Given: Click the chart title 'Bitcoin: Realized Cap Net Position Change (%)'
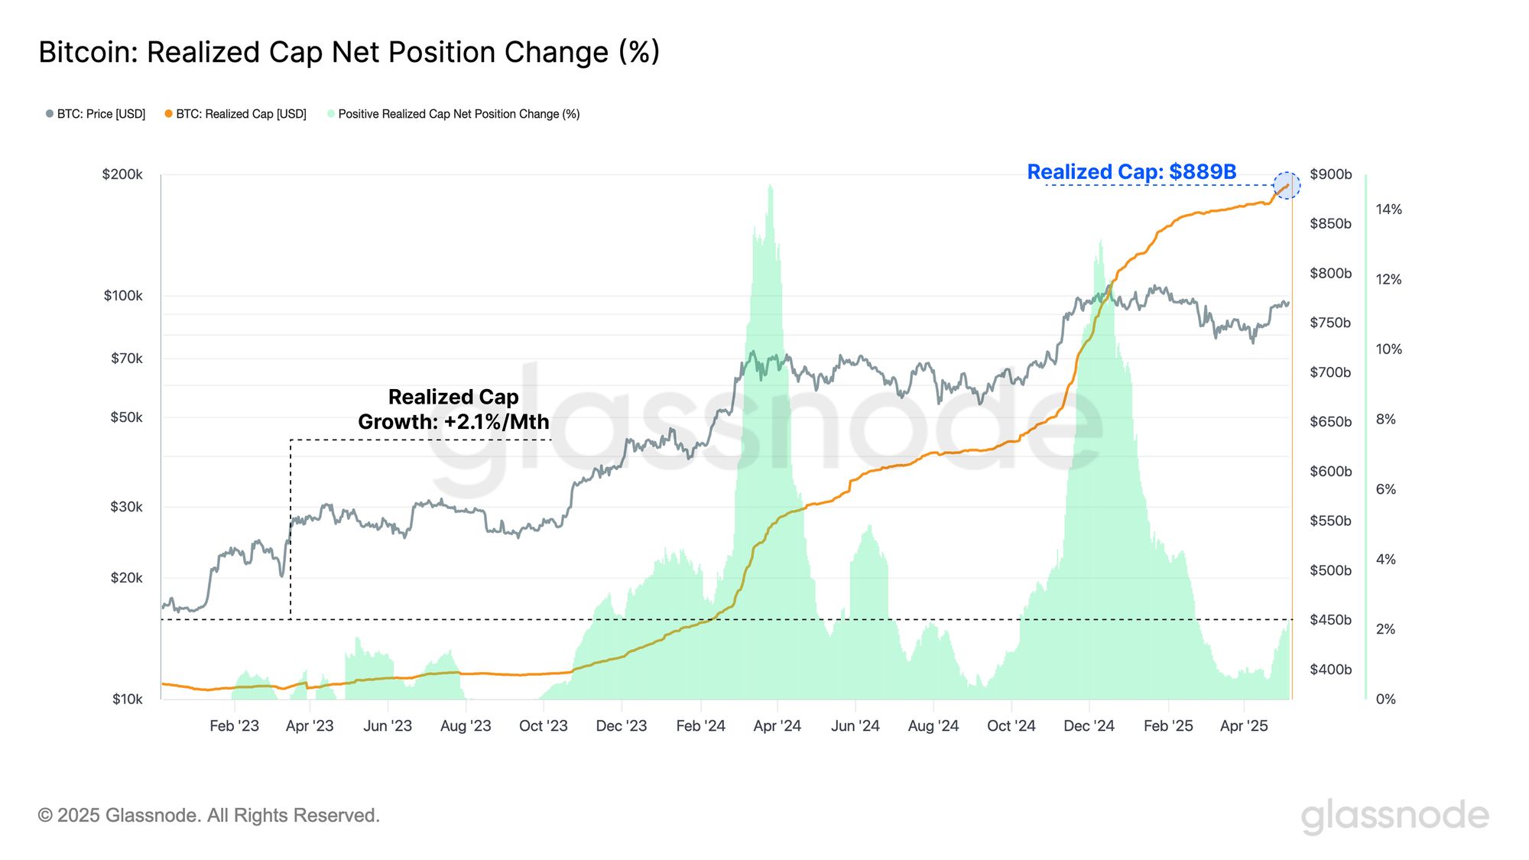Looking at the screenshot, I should tap(349, 53).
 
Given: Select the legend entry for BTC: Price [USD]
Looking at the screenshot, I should tap(96, 114).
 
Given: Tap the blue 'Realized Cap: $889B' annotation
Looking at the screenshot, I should tap(1131, 172).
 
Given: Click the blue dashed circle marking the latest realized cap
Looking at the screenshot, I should tap(1287, 186).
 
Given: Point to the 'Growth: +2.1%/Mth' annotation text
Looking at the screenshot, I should tap(453, 422).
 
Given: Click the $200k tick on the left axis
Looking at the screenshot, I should tap(122, 175).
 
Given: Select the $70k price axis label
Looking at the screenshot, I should tap(126, 359).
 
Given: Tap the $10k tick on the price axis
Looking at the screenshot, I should tap(127, 699).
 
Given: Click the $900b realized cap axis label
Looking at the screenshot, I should tap(1330, 174).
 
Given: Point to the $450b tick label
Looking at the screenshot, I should tap(1330, 620).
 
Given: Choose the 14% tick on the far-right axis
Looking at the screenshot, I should tap(1388, 209).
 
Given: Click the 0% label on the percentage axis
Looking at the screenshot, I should tap(1385, 699).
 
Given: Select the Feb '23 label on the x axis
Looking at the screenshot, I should tap(234, 726).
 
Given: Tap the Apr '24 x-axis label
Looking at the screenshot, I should tap(777, 726).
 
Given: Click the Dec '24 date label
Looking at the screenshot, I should tap(1089, 726).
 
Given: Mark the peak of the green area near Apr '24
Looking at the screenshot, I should tap(770, 186).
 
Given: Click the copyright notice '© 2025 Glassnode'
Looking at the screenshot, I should tap(209, 816).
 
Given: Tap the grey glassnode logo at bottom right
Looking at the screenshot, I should tap(1394, 816).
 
